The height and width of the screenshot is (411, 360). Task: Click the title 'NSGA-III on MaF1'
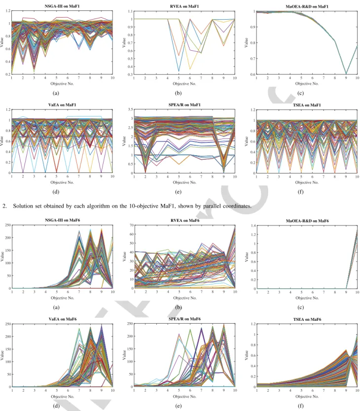62,6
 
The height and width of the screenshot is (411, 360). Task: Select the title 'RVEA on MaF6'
185,220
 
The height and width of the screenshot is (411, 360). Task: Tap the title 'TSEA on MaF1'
307,105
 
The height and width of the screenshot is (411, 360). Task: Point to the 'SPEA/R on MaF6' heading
184,319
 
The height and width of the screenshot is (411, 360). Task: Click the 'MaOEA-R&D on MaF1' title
307,6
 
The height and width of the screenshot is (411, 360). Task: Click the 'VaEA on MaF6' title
62,319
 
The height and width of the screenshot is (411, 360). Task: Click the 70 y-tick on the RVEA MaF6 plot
132,225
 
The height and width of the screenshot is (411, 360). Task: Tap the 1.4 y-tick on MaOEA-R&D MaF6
253,225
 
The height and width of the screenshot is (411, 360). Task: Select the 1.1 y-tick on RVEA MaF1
130,11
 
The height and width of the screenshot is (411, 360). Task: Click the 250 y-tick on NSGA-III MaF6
8,225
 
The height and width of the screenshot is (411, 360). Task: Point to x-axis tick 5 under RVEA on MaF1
179,78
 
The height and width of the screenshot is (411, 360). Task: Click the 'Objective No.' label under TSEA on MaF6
307,396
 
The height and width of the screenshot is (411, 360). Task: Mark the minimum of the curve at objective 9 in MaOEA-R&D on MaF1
346,74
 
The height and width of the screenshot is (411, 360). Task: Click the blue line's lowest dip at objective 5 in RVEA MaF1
179,71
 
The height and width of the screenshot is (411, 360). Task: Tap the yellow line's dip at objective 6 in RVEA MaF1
190,69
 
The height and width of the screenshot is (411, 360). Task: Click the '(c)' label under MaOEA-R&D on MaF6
301,307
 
